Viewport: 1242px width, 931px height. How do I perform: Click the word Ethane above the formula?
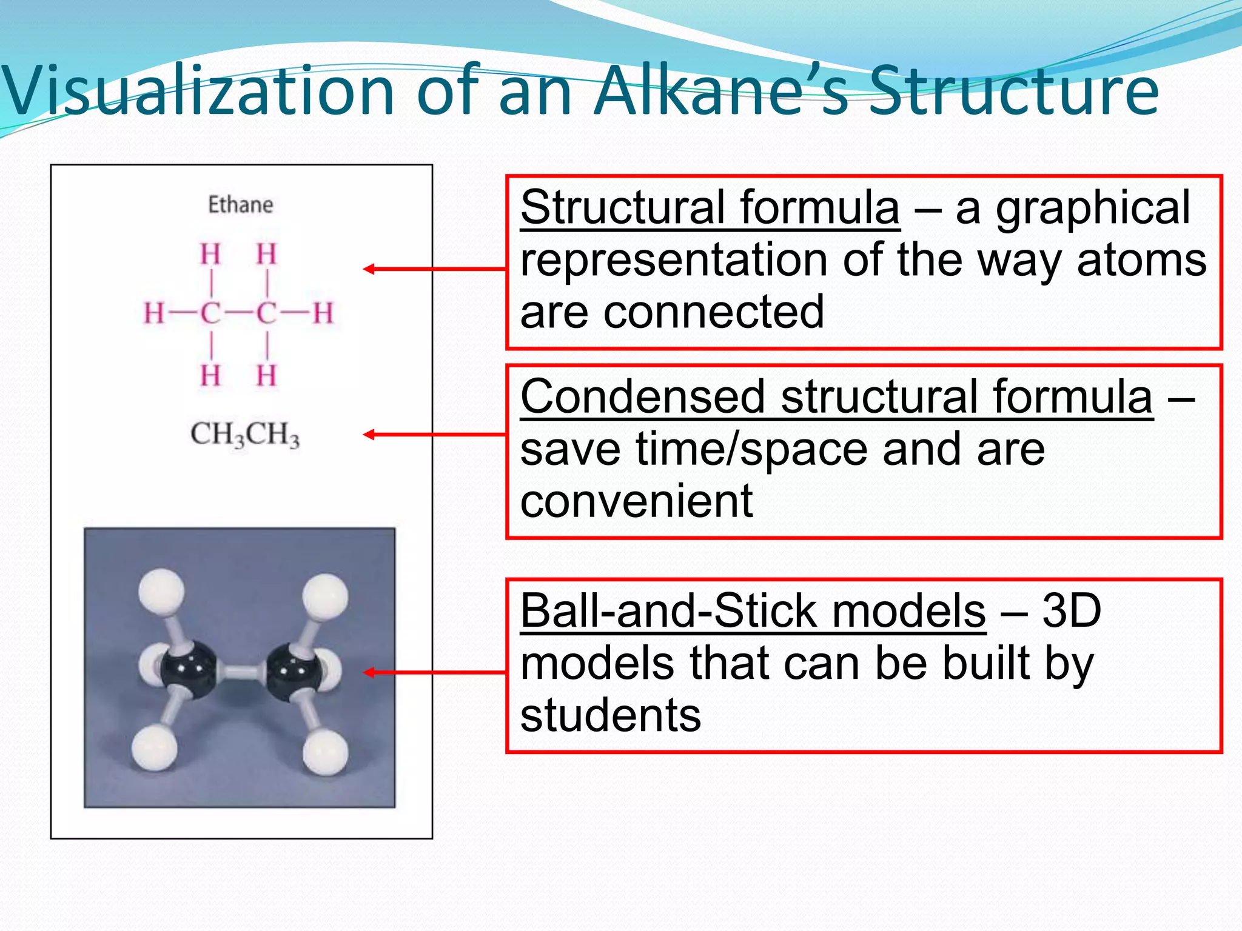point(241,205)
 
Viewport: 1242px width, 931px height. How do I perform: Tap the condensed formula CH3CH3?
point(245,435)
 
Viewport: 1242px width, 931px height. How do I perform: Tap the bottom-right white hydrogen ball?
point(326,752)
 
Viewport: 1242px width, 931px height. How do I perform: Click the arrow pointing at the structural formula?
point(434,269)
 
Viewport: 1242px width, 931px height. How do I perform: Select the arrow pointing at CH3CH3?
point(434,435)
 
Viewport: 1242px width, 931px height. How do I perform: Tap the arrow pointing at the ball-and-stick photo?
point(434,672)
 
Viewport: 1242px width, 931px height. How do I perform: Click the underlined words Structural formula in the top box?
point(710,208)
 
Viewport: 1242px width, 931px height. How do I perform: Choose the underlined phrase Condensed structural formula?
point(836,398)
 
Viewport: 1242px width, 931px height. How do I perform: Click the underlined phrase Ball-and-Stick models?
point(753,611)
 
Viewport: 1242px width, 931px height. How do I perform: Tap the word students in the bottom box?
point(610,715)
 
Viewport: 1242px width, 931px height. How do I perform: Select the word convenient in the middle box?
point(636,501)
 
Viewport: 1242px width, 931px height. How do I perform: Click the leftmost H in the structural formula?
point(153,313)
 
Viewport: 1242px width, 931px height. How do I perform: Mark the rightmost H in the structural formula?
point(323,313)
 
